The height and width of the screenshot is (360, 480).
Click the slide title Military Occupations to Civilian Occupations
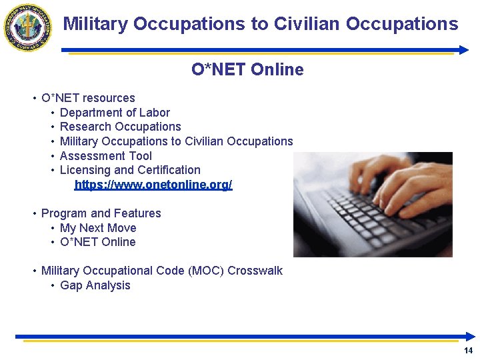(x=261, y=24)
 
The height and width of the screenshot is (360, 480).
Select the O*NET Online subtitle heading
(x=247, y=69)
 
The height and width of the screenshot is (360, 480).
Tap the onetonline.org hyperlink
(x=153, y=185)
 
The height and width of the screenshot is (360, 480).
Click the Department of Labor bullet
(x=115, y=113)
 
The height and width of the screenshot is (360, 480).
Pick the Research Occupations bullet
(x=120, y=127)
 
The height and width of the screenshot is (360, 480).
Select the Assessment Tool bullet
(x=105, y=156)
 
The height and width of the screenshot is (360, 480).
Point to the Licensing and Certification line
(x=130, y=170)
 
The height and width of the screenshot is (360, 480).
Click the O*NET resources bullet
(x=88, y=98)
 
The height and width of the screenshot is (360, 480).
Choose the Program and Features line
(x=101, y=213)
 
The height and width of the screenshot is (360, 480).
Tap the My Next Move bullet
(x=98, y=228)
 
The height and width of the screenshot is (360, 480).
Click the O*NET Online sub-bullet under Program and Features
(x=97, y=242)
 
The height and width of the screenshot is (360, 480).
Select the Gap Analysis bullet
(x=95, y=285)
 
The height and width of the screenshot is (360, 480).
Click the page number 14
(x=468, y=351)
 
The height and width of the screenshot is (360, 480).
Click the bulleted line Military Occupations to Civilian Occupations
(x=176, y=141)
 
